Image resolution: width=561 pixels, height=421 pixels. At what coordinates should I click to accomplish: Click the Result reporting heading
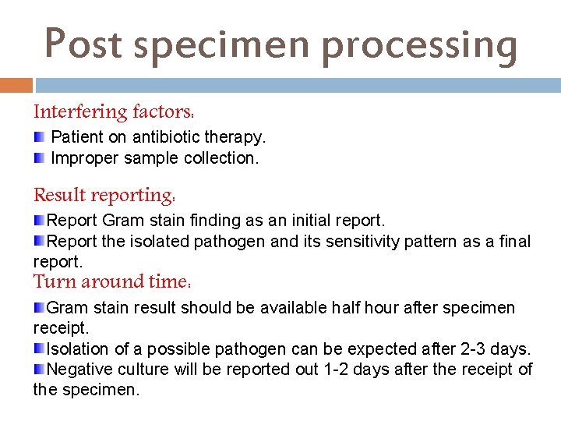coord(104,194)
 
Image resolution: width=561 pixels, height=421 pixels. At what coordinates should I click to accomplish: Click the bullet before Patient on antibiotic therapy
coord(40,137)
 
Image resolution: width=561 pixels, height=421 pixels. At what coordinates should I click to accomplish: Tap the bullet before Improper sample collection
coord(40,158)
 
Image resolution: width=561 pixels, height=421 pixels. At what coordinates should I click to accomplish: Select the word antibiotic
coord(168,137)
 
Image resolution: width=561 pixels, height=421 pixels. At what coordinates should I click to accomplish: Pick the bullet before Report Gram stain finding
coord(40,221)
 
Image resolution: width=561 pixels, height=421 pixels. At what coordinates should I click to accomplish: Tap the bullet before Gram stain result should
coord(40,307)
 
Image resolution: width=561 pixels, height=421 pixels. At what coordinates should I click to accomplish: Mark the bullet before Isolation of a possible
coord(40,348)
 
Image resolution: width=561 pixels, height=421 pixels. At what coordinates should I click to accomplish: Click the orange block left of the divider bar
coord(16,85)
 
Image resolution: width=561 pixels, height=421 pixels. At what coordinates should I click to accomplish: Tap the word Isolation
coord(76,348)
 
